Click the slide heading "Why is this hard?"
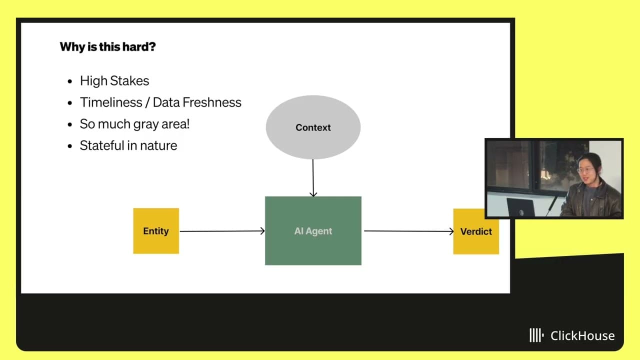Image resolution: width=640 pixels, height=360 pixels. (x=107, y=47)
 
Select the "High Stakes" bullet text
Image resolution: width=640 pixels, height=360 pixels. (x=114, y=81)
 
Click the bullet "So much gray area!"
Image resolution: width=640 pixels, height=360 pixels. (x=134, y=124)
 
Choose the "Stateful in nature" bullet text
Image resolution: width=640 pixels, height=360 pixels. (x=128, y=145)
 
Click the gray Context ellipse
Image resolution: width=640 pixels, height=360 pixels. (x=313, y=127)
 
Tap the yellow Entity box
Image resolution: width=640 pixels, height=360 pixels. (x=156, y=231)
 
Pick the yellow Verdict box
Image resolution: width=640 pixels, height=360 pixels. (x=476, y=231)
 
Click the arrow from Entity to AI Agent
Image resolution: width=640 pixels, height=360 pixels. (x=222, y=231)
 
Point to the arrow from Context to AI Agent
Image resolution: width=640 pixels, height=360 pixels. (x=313, y=177)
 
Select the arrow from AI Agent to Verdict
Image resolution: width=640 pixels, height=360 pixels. (x=408, y=231)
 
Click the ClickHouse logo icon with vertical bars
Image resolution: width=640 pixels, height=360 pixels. (x=536, y=335)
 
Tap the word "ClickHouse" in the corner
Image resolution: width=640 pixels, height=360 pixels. (x=582, y=335)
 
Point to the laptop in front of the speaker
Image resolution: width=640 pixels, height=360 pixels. (x=520, y=207)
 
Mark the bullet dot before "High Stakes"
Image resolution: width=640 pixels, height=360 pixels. (x=70, y=81)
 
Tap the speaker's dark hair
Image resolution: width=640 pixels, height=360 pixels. (x=593, y=159)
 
